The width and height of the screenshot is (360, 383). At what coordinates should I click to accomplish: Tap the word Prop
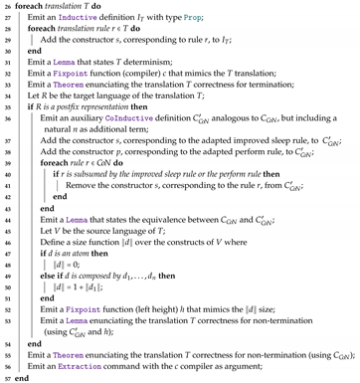[231, 19]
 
